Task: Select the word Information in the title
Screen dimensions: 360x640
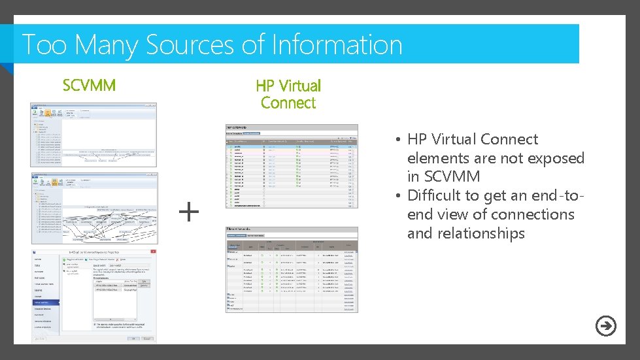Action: click(x=337, y=45)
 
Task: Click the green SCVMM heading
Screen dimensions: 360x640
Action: click(x=89, y=86)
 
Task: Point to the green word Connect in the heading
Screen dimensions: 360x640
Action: click(x=288, y=103)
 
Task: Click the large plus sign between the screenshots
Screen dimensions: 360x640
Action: click(x=188, y=211)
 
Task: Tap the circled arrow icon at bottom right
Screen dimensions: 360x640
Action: click(x=606, y=326)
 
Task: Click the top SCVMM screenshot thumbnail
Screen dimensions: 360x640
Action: click(x=93, y=135)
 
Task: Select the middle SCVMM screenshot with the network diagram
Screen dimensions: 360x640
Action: click(x=93, y=207)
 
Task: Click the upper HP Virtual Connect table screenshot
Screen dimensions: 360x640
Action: click(x=292, y=165)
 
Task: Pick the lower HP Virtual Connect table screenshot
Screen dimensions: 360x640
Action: click(x=292, y=269)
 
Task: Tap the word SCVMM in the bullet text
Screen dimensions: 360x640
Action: click(x=452, y=176)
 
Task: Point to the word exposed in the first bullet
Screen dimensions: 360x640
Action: click(x=556, y=158)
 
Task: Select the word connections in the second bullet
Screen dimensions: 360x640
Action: click(x=533, y=214)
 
